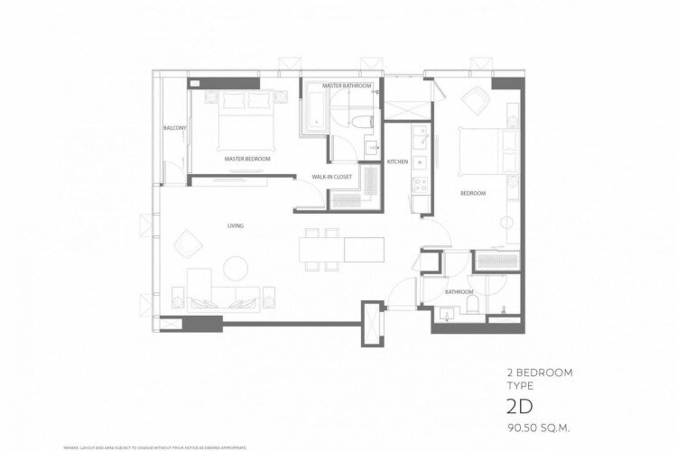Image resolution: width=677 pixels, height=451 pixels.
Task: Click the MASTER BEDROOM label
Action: tap(247, 159)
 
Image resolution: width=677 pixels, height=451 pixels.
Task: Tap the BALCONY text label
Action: tap(174, 128)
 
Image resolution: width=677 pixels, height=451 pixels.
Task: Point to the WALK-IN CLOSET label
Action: tap(331, 177)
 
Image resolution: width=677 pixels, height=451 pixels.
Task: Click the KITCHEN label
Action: tap(398, 161)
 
